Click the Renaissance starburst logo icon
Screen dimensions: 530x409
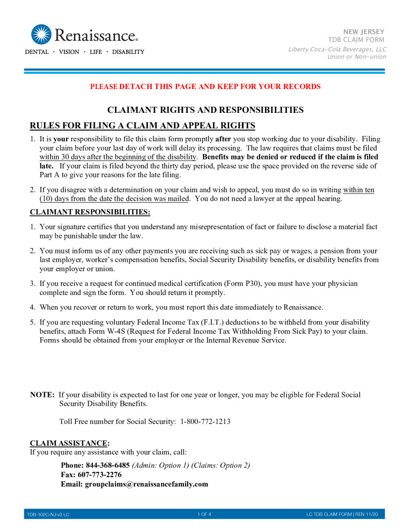pos(41,34)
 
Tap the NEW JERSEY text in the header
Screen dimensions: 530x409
pos(367,32)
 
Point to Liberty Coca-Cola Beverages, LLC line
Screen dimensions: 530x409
pos(337,49)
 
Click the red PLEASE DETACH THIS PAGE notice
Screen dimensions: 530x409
pos(205,86)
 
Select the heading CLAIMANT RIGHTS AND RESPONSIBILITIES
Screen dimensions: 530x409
pos(205,110)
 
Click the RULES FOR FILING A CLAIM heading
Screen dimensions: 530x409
pos(143,126)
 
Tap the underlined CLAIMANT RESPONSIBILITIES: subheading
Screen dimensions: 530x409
pos(90,212)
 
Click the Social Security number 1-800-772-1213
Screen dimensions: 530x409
pos(205,421)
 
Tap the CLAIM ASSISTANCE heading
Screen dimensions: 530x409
pos(70,443)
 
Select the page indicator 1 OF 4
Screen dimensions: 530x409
pos(204,514)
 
